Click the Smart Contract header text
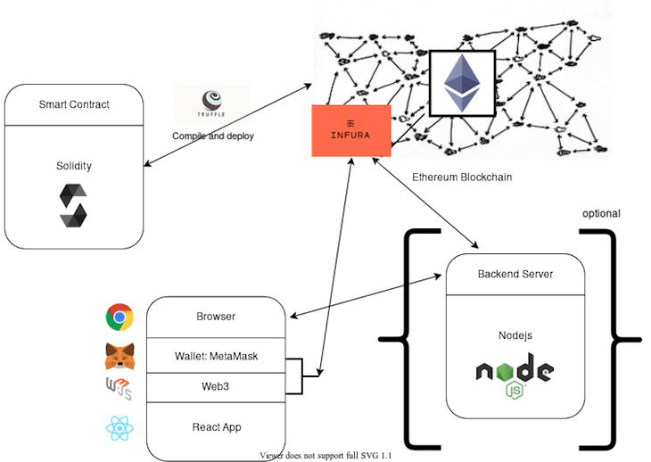coord(74,104)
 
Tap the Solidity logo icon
coord(73,204)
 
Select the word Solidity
coord(73,166)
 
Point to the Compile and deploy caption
coord(213,136)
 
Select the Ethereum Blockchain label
coord(463,177)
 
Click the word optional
coord(601,214)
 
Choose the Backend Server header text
coord(515,274)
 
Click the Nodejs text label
coord(515,334)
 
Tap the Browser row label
coord(216,317)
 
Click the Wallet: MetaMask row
coord(216,357)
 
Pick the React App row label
coord(216,427)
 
